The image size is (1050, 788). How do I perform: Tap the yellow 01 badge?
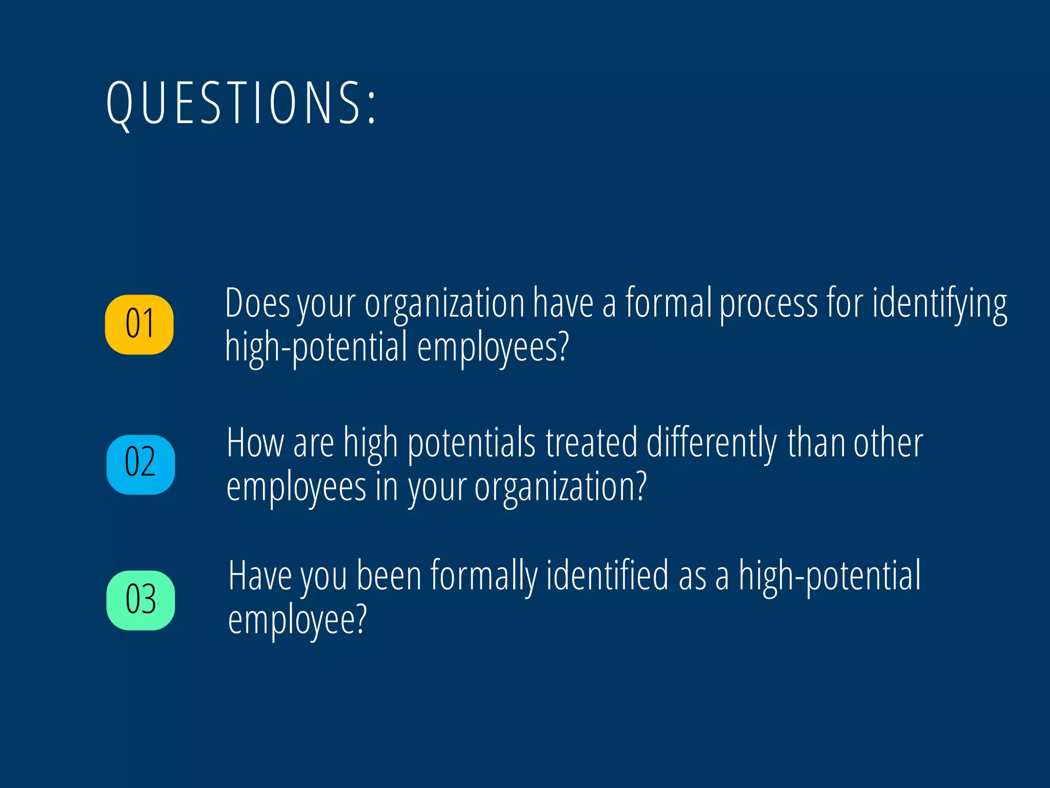click(139, 324)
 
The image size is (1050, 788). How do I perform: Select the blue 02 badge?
click(140, 464)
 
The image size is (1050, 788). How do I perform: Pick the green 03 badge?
click(140, 600)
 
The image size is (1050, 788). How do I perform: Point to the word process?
click(769, 304)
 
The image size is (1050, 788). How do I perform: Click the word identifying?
click(939, 304)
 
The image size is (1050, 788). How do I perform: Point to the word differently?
click(712, 443)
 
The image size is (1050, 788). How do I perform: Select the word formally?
click(483, 577)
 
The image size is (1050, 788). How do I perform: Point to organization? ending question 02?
click(560, 487)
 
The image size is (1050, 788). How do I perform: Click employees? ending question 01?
click(493, 348)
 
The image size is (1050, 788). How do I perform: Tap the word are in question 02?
click(313, 443)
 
